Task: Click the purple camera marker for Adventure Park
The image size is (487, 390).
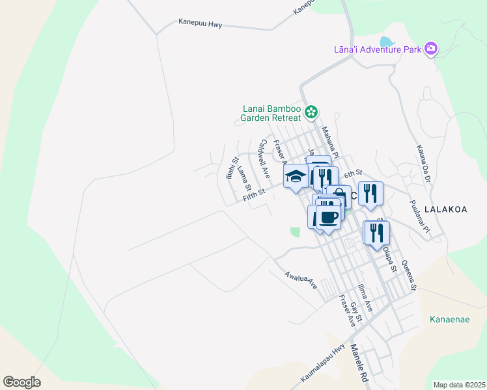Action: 430,49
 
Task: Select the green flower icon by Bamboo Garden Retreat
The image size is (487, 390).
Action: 312,112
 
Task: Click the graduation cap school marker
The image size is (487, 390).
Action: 296,176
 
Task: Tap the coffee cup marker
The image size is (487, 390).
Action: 329,218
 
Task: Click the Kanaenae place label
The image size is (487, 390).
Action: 450,319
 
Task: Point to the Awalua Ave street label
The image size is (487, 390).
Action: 300,280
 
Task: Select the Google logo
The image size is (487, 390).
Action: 21,382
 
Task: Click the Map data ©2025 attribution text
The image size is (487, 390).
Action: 460,385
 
